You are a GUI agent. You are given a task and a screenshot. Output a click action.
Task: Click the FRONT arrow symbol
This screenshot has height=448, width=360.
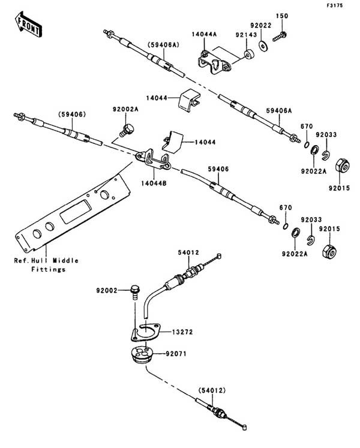click(x=28, y=25)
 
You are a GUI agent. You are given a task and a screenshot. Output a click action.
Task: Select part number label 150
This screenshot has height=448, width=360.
click(x=282, y=14)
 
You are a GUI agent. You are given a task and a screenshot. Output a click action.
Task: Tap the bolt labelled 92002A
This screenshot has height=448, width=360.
click(x=127, y=128)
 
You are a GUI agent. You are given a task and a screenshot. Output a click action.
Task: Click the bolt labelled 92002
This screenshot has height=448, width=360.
click(x=133, y=294)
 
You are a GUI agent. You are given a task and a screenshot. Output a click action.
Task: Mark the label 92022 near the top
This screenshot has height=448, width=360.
click(x=262, y=25)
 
